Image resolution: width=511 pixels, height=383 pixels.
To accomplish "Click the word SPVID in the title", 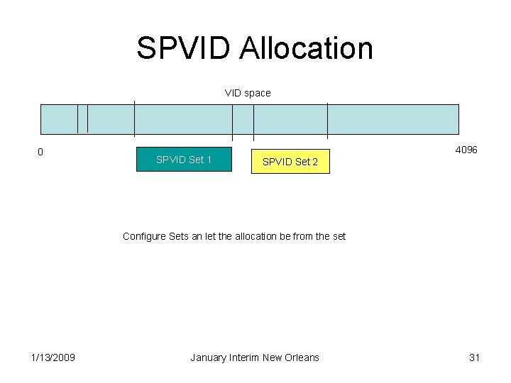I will [183, 48].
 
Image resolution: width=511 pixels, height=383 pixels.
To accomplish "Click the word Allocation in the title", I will [306, 48].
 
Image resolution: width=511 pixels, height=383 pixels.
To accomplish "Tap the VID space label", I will [248, 93].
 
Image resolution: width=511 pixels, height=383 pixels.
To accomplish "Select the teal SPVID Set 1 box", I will [184, 160].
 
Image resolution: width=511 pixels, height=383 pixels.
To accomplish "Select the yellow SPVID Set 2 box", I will [290, 162].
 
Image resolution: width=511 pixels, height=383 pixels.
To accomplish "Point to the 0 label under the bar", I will [40, 152].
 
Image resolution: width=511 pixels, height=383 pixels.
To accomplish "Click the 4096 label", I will [466, 150].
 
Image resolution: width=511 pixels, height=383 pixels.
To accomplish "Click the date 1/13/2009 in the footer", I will [53, 357].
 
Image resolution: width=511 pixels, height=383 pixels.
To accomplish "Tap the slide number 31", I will [475, 357].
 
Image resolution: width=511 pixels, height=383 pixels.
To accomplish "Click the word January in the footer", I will [209, 357].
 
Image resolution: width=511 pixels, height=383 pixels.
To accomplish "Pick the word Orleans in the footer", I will [301, 357].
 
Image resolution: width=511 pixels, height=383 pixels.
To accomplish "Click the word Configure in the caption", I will [144, 236].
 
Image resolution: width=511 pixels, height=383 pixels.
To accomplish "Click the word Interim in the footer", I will [244, 357].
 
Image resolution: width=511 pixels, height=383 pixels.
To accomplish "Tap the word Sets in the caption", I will [179, 236].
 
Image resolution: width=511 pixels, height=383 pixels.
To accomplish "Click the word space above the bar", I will [258, 93].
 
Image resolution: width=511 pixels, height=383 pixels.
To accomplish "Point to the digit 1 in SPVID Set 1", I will [209, 160].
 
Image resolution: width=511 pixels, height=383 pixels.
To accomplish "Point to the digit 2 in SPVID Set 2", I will [315, 162].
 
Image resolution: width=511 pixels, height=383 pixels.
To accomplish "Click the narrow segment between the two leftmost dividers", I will [82, 118].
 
